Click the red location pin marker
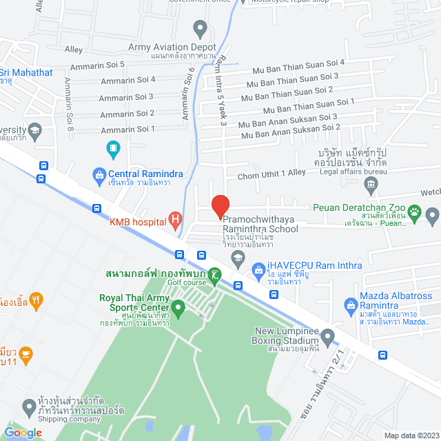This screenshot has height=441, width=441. coord(220,206)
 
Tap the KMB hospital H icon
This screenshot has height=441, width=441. coord(176,221)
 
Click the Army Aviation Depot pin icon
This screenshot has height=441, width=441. coord(201,30)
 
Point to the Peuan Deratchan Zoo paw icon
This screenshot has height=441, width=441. coord(415,212)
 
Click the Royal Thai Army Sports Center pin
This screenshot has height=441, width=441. coord(178,307)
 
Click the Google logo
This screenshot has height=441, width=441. coord(23,432)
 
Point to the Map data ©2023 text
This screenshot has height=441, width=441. coord(411,435)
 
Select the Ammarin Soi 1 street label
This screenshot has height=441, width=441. coord(126,129)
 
